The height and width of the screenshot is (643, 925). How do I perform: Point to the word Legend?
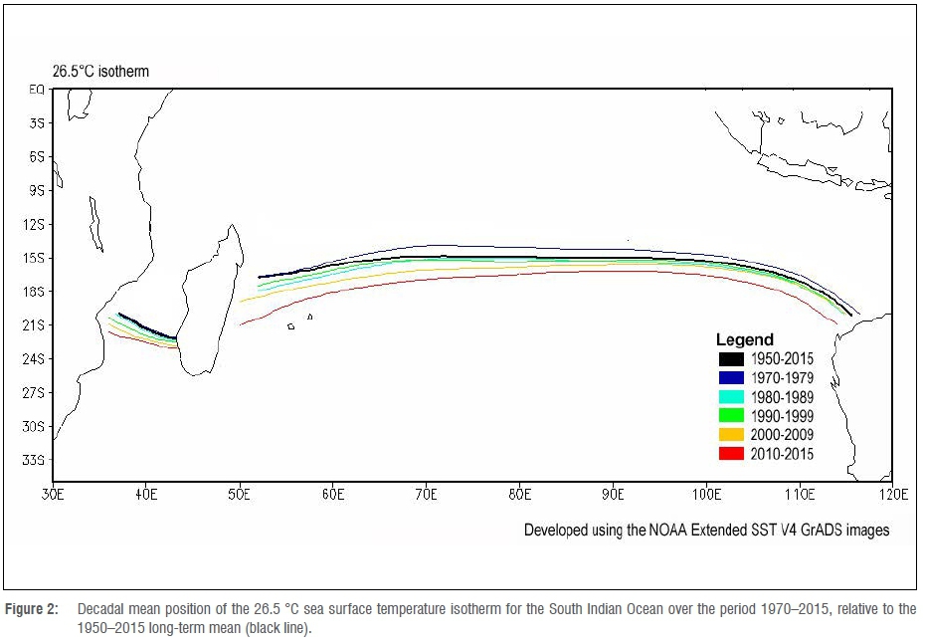click(744, 339)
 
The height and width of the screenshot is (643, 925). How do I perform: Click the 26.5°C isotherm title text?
click(101, 72)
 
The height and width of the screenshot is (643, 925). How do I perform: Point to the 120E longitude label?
click(892, 494)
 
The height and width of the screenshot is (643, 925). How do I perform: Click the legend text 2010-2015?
click(782, 454)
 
